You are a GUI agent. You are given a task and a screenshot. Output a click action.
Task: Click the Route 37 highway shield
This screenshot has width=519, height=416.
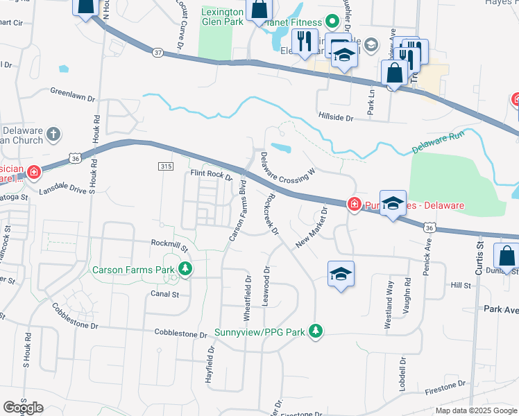(x=158, y=52)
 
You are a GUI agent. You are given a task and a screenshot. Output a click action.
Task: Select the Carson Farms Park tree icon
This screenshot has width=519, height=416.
(x=185, y=268)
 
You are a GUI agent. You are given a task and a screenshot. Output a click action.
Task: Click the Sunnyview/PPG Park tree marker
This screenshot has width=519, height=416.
(x=316, y=331)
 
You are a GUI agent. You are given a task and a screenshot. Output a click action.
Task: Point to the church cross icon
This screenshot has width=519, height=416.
(x=54, y=134)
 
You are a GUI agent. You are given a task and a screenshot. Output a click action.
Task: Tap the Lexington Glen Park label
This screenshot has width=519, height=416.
(x=222, y=17)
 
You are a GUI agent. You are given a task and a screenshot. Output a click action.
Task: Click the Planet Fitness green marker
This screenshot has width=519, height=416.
(x=332, y=20)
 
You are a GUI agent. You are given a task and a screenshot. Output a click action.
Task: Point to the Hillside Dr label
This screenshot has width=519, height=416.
(x=336, y=119)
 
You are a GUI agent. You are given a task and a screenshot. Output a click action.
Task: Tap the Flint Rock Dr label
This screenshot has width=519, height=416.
(x=211, y=176)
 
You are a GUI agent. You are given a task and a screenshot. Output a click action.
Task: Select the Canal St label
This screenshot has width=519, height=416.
(x=165, y=294)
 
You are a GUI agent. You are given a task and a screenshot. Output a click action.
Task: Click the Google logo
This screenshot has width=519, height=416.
(x=23, y=408)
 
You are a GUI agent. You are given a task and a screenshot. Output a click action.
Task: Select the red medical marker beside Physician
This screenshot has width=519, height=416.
(x=33, y=171)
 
